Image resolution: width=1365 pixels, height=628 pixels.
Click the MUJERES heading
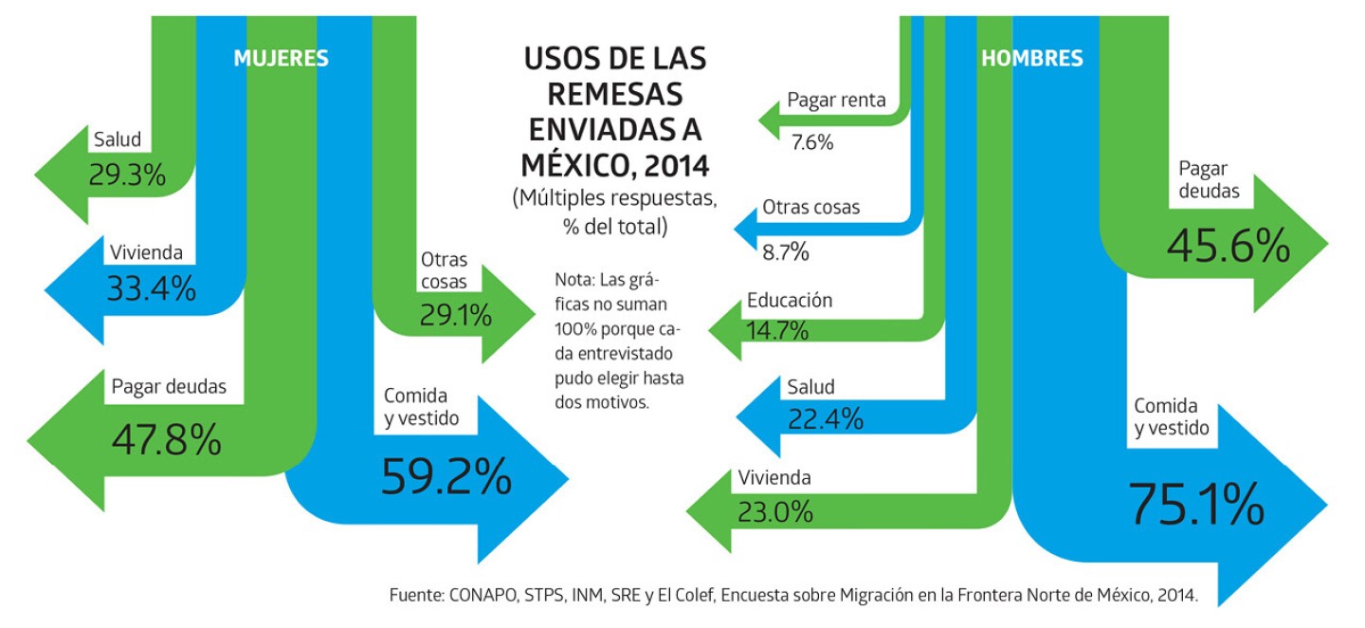pos(281,59)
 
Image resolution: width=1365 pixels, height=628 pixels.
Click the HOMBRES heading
pos(1031,59)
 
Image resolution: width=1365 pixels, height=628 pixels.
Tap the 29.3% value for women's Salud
pos(127,175)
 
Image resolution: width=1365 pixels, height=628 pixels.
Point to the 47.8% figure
pos(167,439)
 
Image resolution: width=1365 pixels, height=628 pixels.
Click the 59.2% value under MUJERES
pos(446,477)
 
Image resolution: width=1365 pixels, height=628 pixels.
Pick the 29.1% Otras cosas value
pos(456,315)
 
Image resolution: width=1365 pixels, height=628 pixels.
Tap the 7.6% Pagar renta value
pos(812,143)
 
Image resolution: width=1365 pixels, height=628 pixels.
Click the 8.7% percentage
pos(786,252)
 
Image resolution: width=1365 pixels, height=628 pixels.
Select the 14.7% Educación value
pos(777,331)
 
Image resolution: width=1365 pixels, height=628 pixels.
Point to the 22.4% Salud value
pos(825,417)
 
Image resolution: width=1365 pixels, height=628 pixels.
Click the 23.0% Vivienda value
pos(774,512)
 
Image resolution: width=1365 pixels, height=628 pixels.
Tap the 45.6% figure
pos(1228,248)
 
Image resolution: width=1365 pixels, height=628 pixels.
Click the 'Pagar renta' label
pos(836,100)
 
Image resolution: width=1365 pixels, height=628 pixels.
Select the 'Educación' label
pos(790,301)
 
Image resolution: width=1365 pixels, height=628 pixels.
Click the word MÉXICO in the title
pos(573,166)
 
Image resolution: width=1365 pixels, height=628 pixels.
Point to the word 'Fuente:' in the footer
pos(417,596)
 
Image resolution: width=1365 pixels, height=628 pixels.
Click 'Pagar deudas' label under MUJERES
pos(169,387)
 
